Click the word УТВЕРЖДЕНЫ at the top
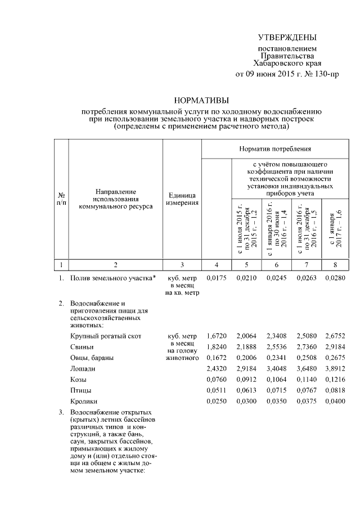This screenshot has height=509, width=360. (287, 38)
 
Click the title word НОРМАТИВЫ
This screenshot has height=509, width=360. (201, 100)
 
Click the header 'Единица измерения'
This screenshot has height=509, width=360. (182, 199)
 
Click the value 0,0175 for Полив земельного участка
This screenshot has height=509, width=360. (216, 278)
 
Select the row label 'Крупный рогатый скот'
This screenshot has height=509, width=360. (102, 336)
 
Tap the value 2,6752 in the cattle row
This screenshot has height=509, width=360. (337, 336)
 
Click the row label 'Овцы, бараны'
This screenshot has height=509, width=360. (89, 358)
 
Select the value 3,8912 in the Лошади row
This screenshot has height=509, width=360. (337, 369)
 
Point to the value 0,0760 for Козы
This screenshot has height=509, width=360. (216, 380)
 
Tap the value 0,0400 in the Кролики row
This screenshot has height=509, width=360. (337, 401)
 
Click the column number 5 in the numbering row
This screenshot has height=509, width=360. (246, 264)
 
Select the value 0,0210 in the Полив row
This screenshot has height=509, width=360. (246, 278)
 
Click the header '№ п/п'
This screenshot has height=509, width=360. (61, 199)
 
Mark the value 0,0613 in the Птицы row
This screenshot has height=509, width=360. (246, 390)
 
